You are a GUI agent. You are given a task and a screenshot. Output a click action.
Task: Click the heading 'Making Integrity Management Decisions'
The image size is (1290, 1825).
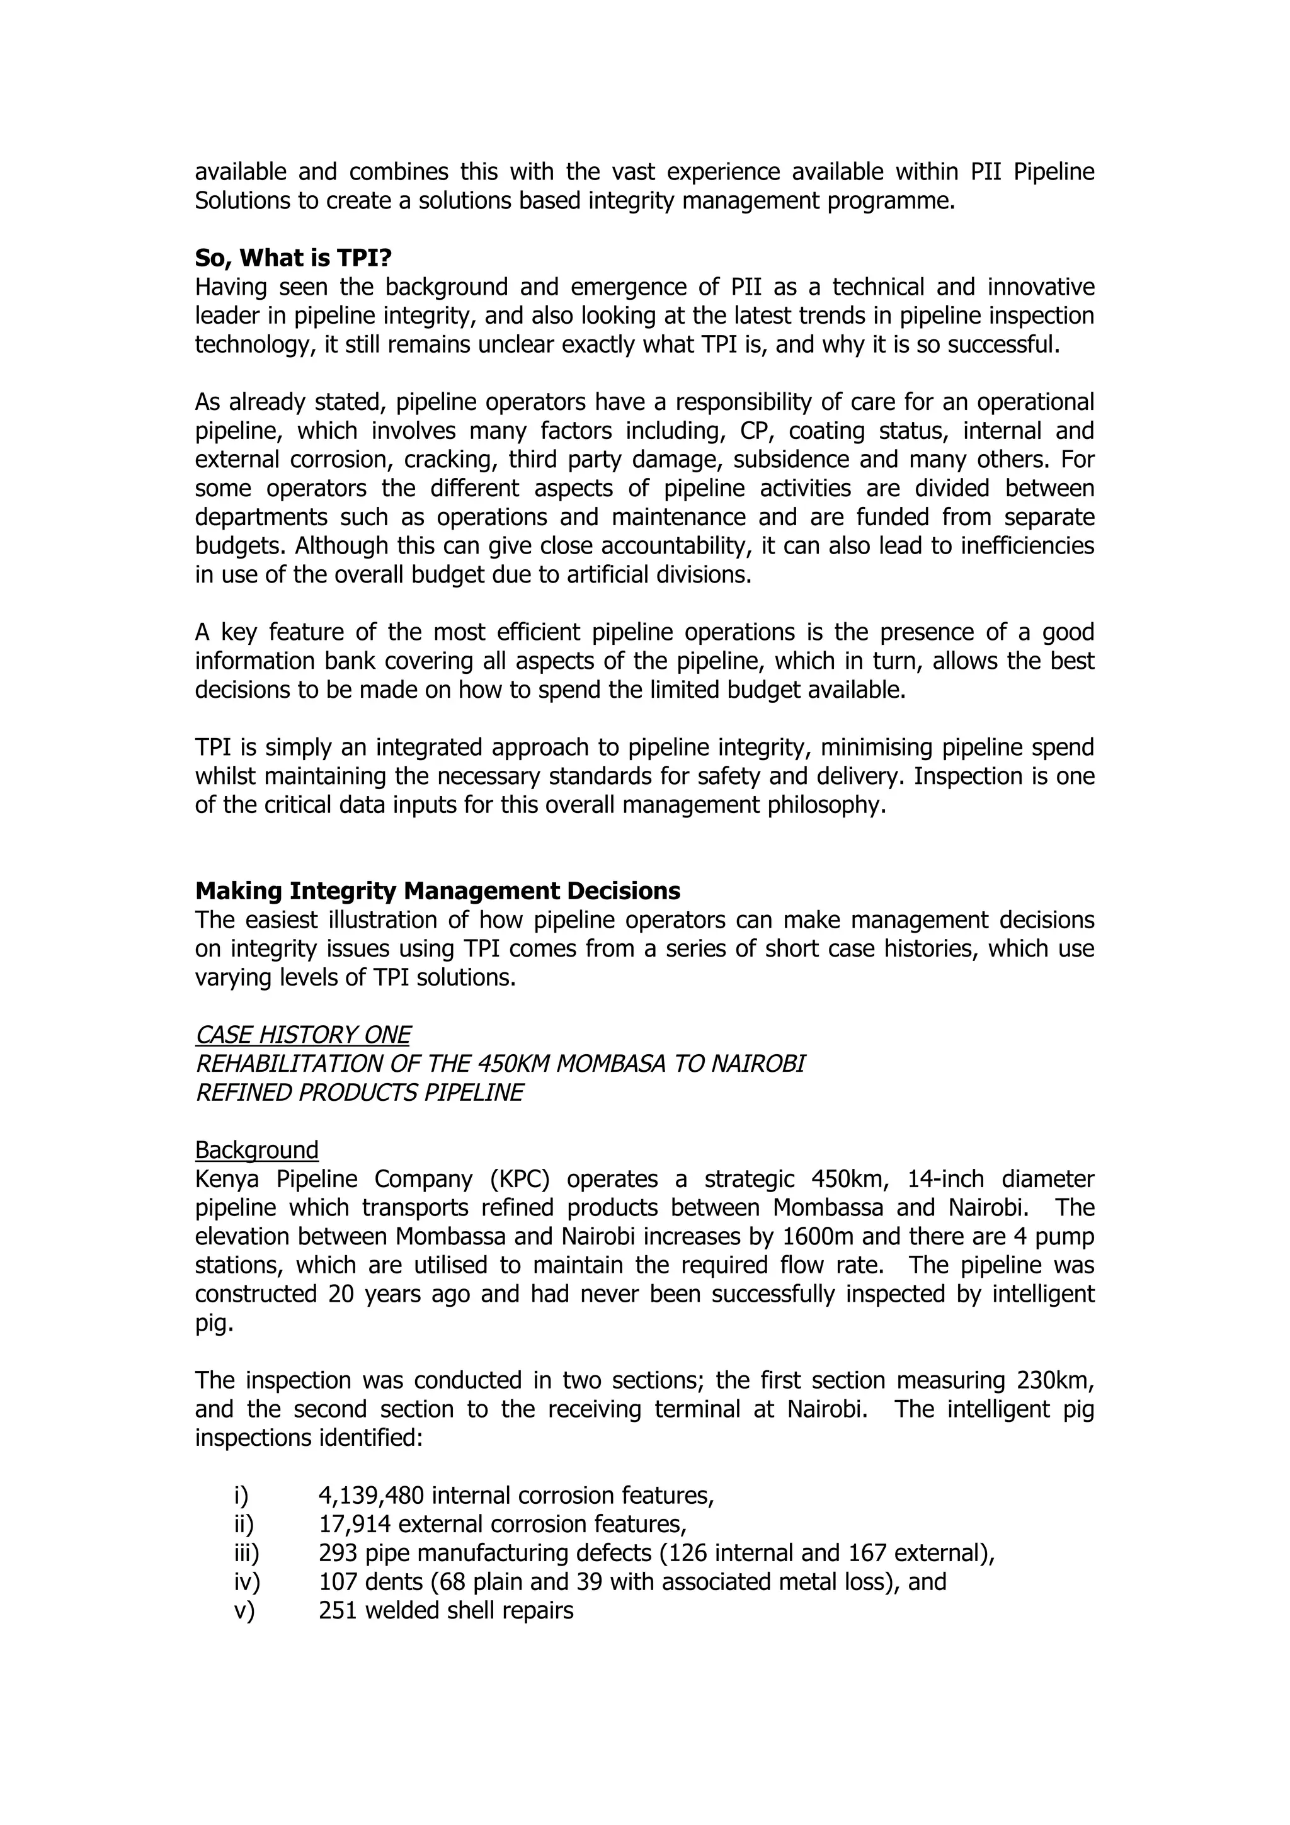pos(437,891)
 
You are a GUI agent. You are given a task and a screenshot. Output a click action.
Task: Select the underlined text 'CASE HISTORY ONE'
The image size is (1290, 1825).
pos(303,1035)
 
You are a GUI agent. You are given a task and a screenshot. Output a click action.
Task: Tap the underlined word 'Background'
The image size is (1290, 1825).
pos(257,1150)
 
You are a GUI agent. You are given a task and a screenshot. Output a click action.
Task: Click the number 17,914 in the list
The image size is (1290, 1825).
pos(355,1525)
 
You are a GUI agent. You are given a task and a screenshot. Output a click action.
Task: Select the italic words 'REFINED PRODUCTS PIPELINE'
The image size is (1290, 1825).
pos(359,1093)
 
